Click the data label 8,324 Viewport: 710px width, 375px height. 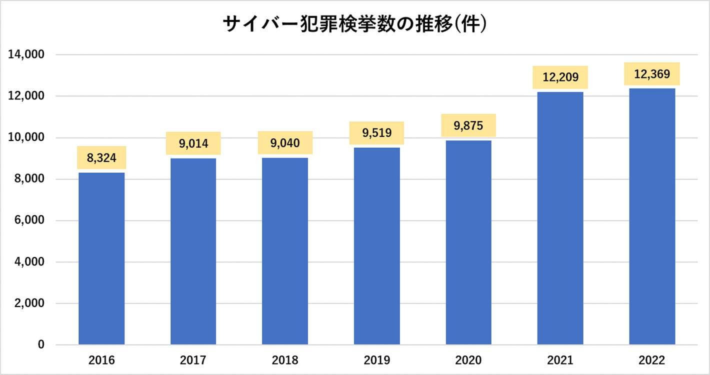(101, 158)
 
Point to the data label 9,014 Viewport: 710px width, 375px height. (193, 144)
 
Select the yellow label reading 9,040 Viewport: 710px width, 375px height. (285, 143)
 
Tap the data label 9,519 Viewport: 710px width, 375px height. (376, 133)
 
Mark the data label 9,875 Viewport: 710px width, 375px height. (468, 125)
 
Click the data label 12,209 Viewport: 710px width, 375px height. (560, 77)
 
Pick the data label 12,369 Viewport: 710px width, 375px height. (652, 74)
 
